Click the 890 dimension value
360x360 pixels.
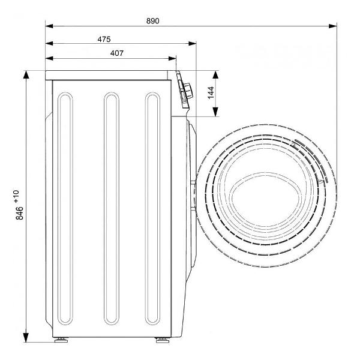[x=152, y=21]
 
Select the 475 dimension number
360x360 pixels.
[x=104, y=39]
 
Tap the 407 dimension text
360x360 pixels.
[x=117, y=53]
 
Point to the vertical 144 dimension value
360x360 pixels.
[x=211, y=92]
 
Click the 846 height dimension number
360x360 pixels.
[x=20, y=213]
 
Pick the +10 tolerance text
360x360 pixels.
[x=16, y=197]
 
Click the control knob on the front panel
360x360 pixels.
[x=188, y=91]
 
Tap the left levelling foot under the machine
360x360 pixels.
[x=61, y=340]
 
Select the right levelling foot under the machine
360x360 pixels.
[x=163, y=340]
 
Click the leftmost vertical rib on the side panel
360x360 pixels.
[x=65, y=208]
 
